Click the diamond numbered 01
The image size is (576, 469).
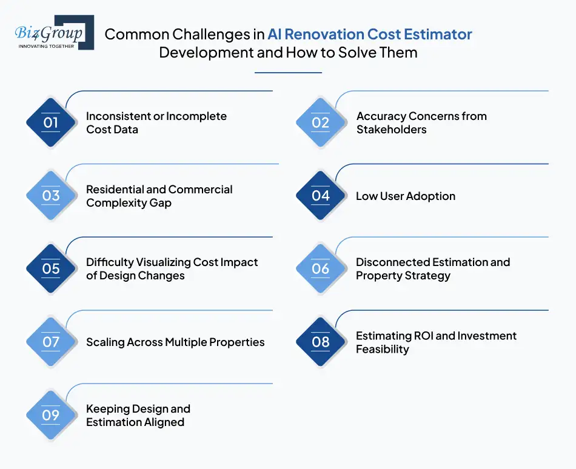pyautogui.click(x=51, y=123)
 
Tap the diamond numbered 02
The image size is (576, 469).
pyautogui.click(x=321, y=123)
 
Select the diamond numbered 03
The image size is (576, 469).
pyautogui.click(x=51, y=196)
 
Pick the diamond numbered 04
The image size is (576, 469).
pyautogui.click(x=321, y=196)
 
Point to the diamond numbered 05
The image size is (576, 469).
pyautogui.click(x=51, y=269)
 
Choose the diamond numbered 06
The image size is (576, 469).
pyautogui.click(x=321, y=269)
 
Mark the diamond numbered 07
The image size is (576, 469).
pyautogui.click(x=51, y=342)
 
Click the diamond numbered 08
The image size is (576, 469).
pyautogui.click(x=321, y=342)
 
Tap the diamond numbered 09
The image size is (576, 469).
pyautogui.click(x=51, y=416)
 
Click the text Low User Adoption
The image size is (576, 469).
pyautogui.click(x=405, y=196)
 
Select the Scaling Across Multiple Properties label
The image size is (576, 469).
pyautogui.click(x=175, y=342)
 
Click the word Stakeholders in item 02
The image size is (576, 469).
pyautogui.click(x=391, y=130)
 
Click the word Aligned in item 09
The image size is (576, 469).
pyautogui.click(x=162, y=422)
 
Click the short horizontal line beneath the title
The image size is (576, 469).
pyautogui.click(x=288, y=73)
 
